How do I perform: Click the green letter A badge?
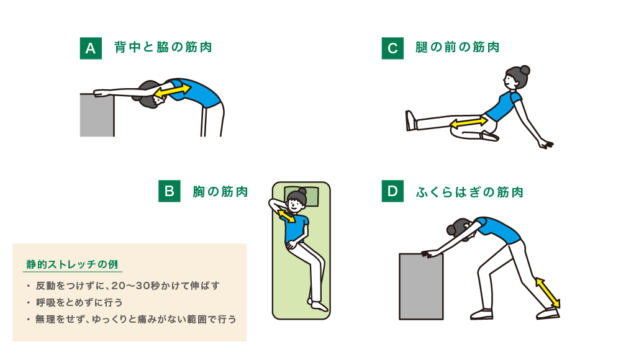91,48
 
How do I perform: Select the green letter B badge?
169,191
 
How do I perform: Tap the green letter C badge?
392,48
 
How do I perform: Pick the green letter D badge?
392,191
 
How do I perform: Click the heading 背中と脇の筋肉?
163,47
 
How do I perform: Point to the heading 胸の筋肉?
220,192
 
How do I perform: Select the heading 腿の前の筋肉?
458,47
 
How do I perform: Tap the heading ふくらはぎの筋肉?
469,192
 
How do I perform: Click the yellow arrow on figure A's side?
173,91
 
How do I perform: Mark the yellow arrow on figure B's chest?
286,216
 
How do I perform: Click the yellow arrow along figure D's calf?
548,293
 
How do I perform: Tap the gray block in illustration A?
97,115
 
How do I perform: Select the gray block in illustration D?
421,287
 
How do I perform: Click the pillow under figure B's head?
301,196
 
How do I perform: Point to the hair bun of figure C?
525,70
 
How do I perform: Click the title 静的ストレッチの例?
73,264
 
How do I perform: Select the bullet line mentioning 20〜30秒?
127,286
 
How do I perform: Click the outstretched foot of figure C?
410,120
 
